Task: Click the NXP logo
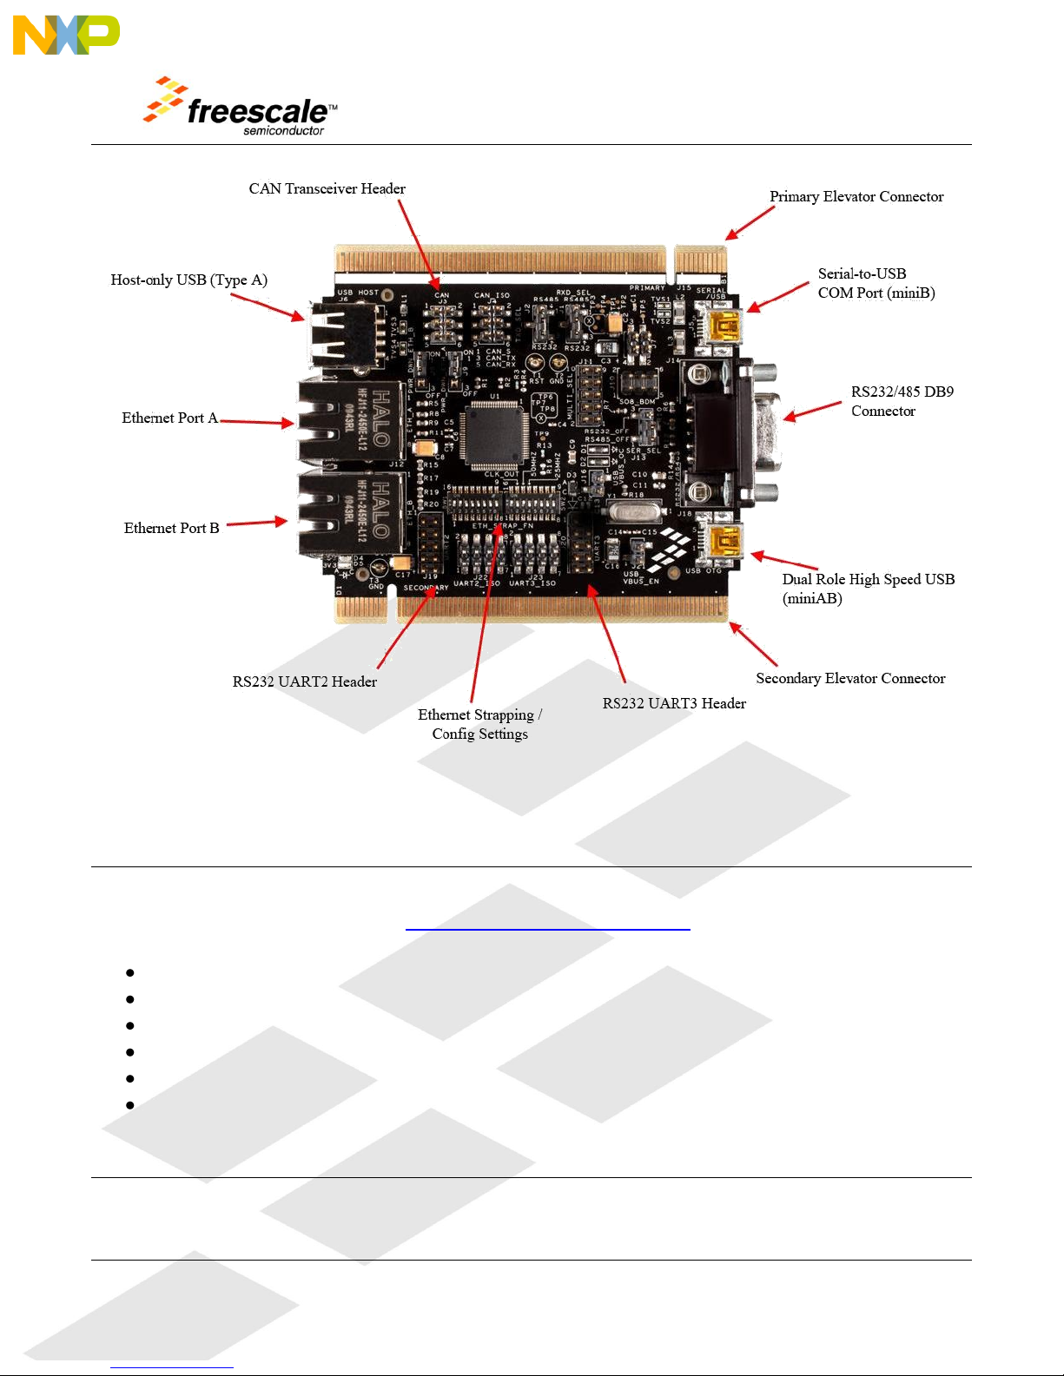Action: tap(66, 36)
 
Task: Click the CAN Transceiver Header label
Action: tap(327, 189)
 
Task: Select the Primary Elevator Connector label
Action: tap(856, 197)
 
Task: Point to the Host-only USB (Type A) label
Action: tap(188, 280)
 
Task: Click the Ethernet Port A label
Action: tap(169, 418)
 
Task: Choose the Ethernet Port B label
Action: tap(171, 529)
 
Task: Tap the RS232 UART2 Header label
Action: tap(304, 682)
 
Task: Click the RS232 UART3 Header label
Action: tap(674, 704)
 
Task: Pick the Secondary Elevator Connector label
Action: tap(850, 679)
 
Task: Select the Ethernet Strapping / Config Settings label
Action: tap(479, 725)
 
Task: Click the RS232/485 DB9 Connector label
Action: tap(902, 401)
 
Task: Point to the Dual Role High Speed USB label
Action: tap(868, 589)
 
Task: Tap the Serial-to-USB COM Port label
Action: tap(876, 284)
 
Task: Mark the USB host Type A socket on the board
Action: tap(340, 336)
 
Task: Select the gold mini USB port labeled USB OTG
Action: tap(724, 542)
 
